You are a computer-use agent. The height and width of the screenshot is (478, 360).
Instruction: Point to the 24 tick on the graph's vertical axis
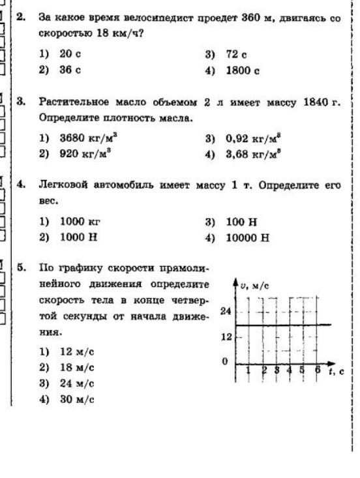tap(224, 312)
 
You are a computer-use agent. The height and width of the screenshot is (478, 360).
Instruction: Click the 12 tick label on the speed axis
tap(224, 337)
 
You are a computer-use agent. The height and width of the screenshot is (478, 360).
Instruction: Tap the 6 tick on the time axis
tap(318, 370)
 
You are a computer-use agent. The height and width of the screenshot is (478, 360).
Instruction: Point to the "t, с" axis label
tap(340, 370)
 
